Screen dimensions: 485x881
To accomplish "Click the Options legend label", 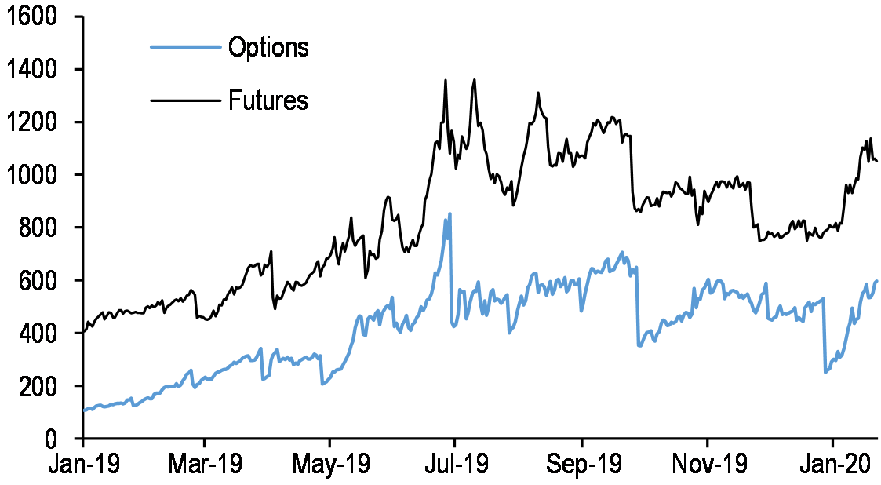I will tap(268, 47).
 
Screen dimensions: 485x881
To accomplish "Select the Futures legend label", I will tap(268, 100).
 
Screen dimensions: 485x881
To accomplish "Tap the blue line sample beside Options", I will tap(184, 47).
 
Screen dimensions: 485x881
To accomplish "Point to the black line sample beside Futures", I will tap(184, 100).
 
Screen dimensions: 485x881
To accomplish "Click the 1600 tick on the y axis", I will tap(35, 16).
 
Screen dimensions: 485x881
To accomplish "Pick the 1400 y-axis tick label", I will tap(35, 70).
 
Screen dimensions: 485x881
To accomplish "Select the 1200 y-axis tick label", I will tap(35, 122).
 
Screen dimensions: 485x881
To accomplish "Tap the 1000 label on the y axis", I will tap(35, 175).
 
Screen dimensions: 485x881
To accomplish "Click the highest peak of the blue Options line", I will tap(450, 213).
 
